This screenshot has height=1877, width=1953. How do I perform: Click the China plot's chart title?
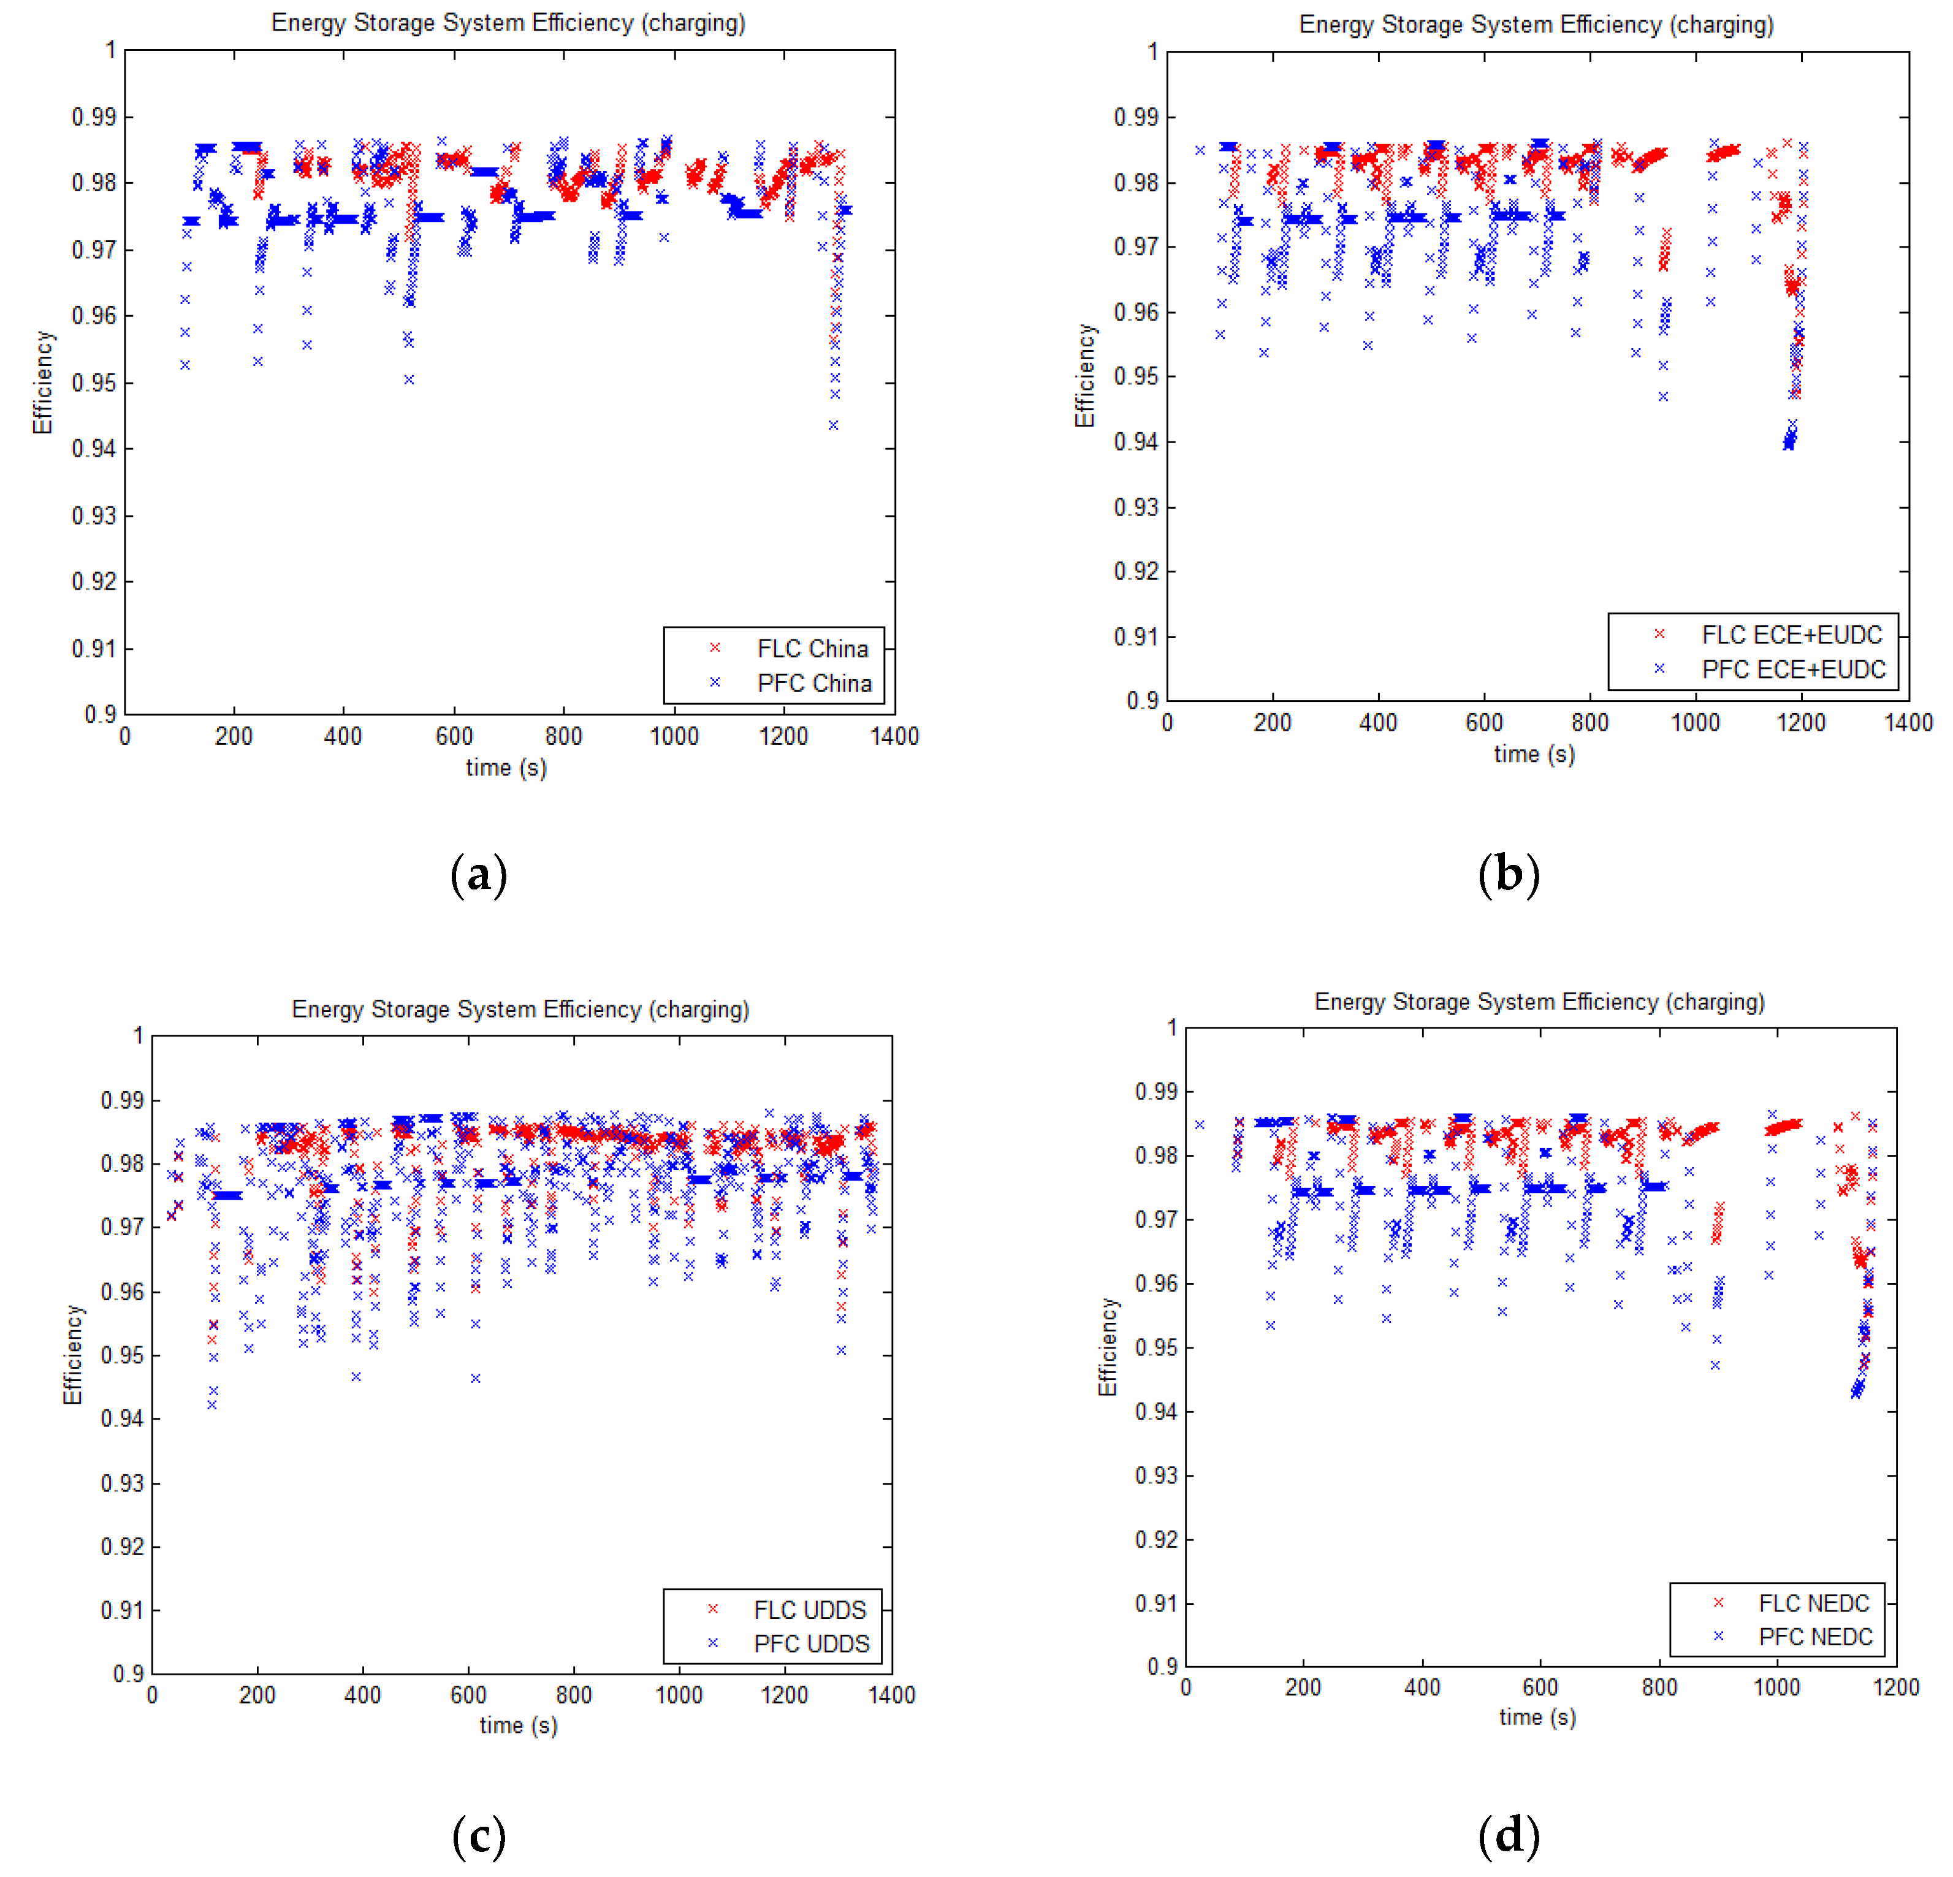point(508,23)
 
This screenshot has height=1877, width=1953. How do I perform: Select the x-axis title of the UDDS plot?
point(518,1726)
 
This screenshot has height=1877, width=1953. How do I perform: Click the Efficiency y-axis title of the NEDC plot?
point(1107,1347)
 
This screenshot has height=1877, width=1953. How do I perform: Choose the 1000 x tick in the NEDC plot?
point(1776,1688)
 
